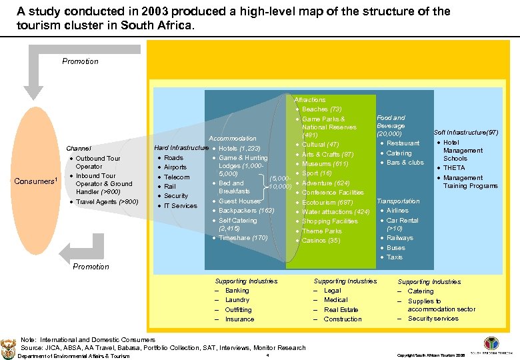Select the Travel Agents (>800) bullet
tap(107, 202)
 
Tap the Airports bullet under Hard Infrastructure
tap(175, 167)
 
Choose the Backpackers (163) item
tap(246, 211)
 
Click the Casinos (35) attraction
tap(321, 241)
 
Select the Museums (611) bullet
tap(325, 164)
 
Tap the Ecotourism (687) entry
tap(327, 203)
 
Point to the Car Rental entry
tap(402, 221)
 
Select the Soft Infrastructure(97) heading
tap(466, 133)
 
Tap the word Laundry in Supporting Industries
tap(237, 300)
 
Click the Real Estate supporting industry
tap(341, 309)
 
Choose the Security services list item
tap(433, 319)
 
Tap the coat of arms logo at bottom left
tap(9, 346)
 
